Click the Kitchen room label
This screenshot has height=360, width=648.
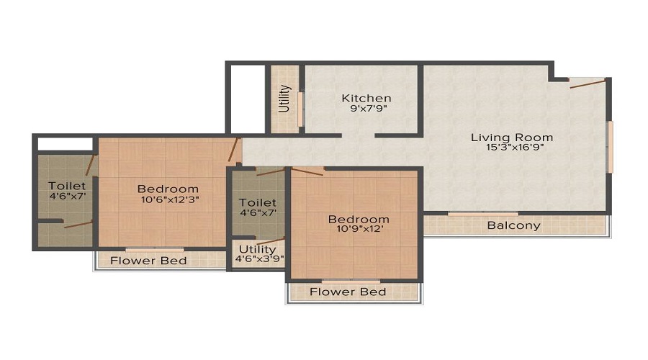[x=366, y=98]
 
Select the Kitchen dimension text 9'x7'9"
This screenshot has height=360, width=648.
[x=366, y=109]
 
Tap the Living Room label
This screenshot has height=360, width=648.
[x=512, y=137]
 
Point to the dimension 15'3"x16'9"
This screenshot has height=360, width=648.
[x=512, y=148]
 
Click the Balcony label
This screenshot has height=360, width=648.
[x=513, y=225]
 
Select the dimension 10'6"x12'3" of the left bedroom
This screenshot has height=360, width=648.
[x=168, y=200]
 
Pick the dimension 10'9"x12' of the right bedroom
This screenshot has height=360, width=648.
[x=359, y=230]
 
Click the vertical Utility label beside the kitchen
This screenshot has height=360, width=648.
[x=284, y=99]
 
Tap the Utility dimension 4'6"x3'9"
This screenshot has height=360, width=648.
[x=259, y=260]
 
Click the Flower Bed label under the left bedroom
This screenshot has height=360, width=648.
[x=148, y=260]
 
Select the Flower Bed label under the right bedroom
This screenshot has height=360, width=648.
[x=348, y=292]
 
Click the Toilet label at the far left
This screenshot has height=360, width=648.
[x=67, y=186]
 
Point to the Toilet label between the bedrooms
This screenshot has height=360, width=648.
[x=258, y=202]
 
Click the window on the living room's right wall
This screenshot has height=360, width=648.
[x=609, y=147]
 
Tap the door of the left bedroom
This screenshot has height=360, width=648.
[x=233, y=150]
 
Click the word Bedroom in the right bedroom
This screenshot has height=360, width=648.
[x=359, y=219]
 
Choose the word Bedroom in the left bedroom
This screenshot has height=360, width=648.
[x=168, y=189]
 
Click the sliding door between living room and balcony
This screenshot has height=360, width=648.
[x=473, y=213]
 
